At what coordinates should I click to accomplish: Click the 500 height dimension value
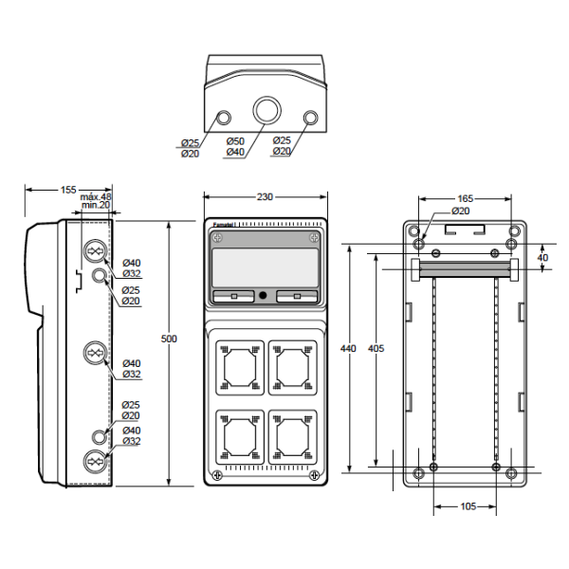tap(169, 339)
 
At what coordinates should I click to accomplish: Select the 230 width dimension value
tap(265, 196)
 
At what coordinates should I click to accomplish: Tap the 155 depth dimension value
tap(68, 190)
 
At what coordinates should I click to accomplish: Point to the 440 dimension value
tap(348, 348)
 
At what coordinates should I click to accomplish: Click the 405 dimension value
tap(376, 348)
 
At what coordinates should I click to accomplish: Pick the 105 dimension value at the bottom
tap(468, 506)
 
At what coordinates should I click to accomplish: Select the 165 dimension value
tap(466, 198)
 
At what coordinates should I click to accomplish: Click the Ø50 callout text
tap(235, 140)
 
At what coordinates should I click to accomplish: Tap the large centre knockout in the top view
tap(267, 110)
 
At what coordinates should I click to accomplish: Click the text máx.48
tap(96, 196)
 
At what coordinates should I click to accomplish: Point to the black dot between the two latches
tap(264, 295)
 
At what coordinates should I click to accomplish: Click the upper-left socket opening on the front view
tap(240, 368)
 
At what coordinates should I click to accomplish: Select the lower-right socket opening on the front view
tap(292, 437)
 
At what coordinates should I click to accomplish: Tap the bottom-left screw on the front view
tap(218, 475)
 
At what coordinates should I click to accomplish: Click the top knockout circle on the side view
tap(95, 250)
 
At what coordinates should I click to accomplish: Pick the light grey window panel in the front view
tap(265, 267)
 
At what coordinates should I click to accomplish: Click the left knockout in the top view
tap(224, 118)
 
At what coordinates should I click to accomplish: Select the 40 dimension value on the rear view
tap(542, 258)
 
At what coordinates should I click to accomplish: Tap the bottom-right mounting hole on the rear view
tap(511, 473)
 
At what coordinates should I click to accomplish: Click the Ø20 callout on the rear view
tap(461, 211)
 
